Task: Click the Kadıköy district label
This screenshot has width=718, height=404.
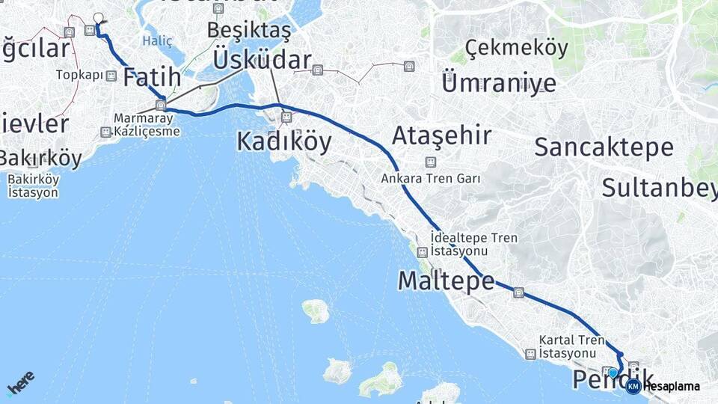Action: click(283, 141)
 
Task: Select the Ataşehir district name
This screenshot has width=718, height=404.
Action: click(442, 136)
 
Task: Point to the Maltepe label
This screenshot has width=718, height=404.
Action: click(446, 281)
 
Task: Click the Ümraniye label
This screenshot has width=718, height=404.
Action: click(498, 82)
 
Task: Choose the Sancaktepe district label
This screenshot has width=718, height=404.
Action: click(604, 147)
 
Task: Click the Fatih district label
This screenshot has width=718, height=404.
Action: click(152, 77)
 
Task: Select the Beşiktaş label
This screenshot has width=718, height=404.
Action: click(248, 31)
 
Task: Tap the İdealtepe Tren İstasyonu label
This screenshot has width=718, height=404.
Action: click(474, 244)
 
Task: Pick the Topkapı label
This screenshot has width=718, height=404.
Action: click(80, 76)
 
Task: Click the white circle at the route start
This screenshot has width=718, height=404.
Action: click(98, 18)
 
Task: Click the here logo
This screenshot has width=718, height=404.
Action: click(20, 384)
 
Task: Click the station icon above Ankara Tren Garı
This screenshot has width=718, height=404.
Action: click(430, 162)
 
